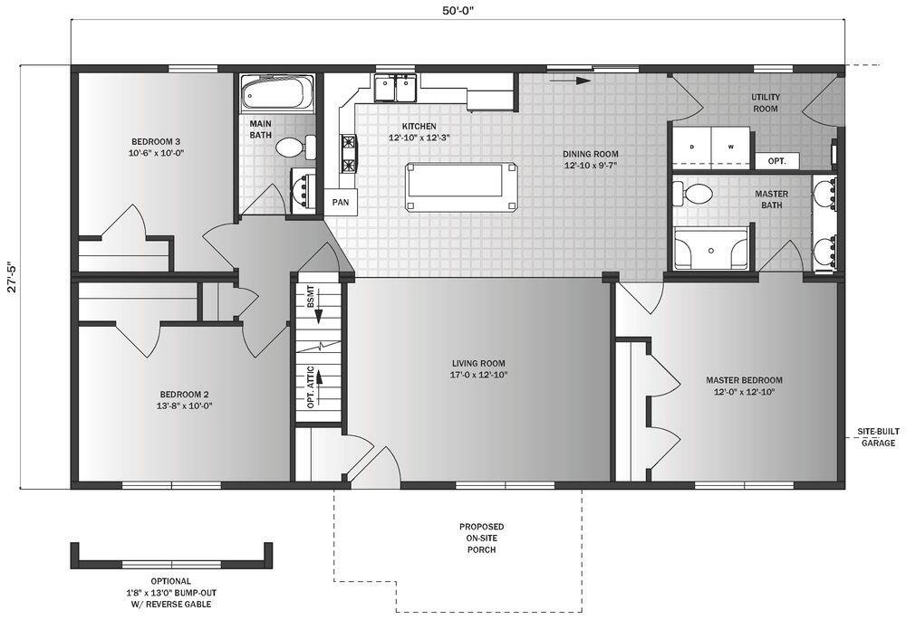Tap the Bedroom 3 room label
click(156, 147)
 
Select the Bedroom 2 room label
click(185, 399)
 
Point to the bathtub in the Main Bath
click(277, 91)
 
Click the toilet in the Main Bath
click(293, 147)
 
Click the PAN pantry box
click(341, 202)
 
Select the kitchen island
click(462, 186)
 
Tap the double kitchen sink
click(395, 89)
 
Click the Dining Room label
click(591, 159)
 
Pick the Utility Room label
click(766, 102)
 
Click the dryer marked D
click(692, 146)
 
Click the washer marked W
click(730, 146)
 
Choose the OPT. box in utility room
click(776, 161)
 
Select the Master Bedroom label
click(744, 386)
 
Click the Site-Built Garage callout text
click(877, 437)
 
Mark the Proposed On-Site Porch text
click(481, 538)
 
